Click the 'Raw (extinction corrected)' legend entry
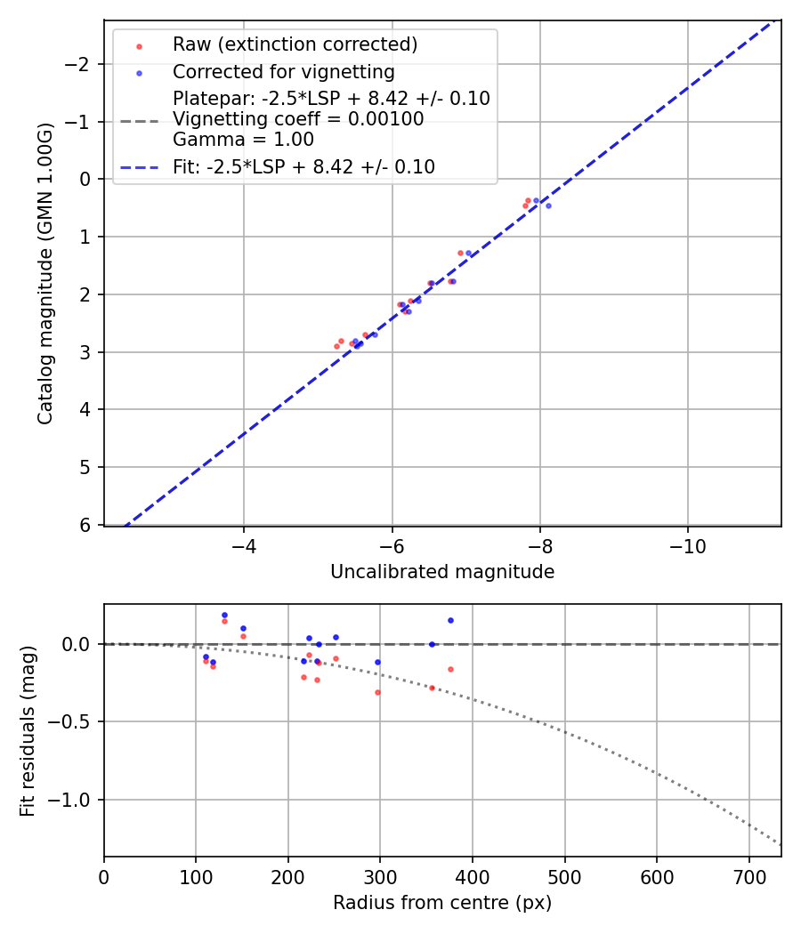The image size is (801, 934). (295, 44)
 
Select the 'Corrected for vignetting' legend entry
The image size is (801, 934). (283, 71)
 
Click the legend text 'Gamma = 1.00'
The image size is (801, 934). (243, 140)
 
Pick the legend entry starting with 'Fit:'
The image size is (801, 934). (303, 166)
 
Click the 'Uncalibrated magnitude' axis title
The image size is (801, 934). (442, 572)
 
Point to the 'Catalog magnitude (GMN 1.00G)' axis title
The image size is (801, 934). (45, 273)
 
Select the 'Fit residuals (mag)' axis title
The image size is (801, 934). (28, 730)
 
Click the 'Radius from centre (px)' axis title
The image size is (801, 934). (442, 903)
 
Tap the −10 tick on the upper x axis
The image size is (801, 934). (687, 545)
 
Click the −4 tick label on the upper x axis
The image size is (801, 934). (244, 545)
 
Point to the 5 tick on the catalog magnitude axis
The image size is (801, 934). (86, 467)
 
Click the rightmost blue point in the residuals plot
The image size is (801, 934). (450, 620)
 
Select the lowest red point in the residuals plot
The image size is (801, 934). (377, 692)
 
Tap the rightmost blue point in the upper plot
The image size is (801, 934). (548, 205)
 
